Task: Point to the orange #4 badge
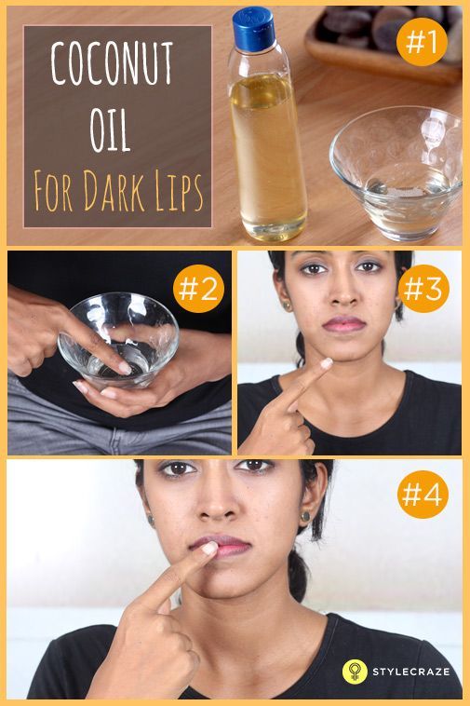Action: (424, 495)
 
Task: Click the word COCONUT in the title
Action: (112, 66)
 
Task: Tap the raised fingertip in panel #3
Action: (325, 363)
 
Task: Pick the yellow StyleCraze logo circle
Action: (354, 671)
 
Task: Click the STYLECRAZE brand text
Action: (412, 672)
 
